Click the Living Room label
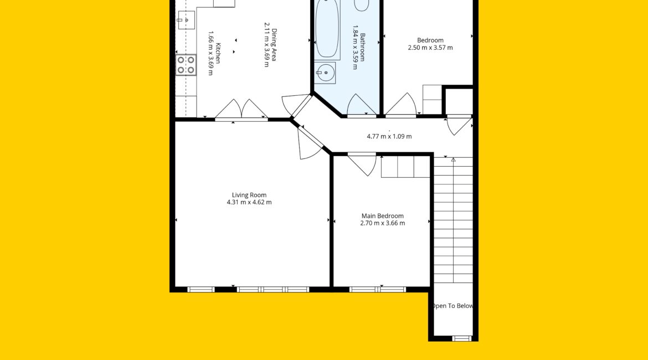point(249,195)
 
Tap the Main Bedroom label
point(383,216)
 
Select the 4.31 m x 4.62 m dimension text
point(249,202)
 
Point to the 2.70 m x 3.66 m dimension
point(383,223)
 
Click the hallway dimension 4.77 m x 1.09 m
point(389,136)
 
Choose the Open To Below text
point(452,306)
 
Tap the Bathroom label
point(362,47)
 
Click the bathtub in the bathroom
point(327,29)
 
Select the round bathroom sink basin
point(326,73)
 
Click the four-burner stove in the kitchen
point(186,65)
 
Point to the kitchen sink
point(187,20)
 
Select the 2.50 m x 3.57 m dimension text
point(430,48)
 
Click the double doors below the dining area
point(241,109)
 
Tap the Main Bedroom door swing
point(362,164)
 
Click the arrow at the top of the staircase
point(454,160)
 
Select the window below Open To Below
point(461,338)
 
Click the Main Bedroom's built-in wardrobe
point(405,167)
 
